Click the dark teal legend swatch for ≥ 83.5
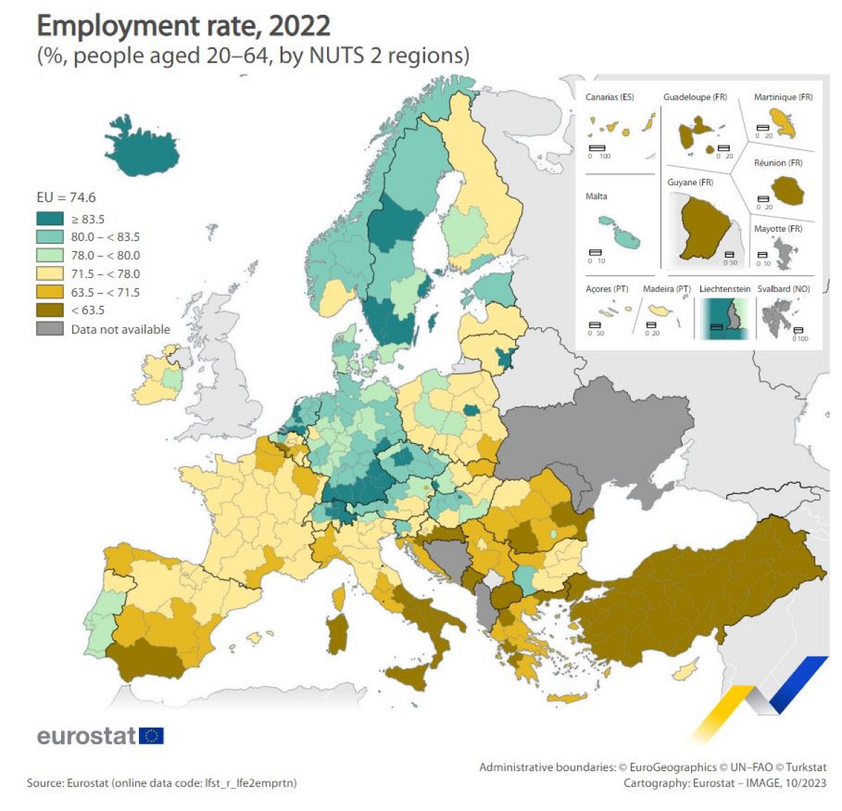(x=49, y=219)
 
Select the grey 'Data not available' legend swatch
(x=49, y=329)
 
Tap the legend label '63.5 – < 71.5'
(x=105, y=292)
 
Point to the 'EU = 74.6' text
(x=66, y=197)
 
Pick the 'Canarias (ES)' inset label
(x=609, y=97)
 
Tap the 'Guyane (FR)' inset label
(x=690, y=182)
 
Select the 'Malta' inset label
(x=596, y=196)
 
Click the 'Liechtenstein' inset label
(x=724, y=289)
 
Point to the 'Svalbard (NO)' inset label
(x=783, y=289)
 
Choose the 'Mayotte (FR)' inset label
(x=777, y=228)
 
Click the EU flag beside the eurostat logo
(x=151, y=735)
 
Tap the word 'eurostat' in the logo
(x=86, y=735)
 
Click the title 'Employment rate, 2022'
(x=183, y=26)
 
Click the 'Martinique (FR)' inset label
(x=782, y=97)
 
